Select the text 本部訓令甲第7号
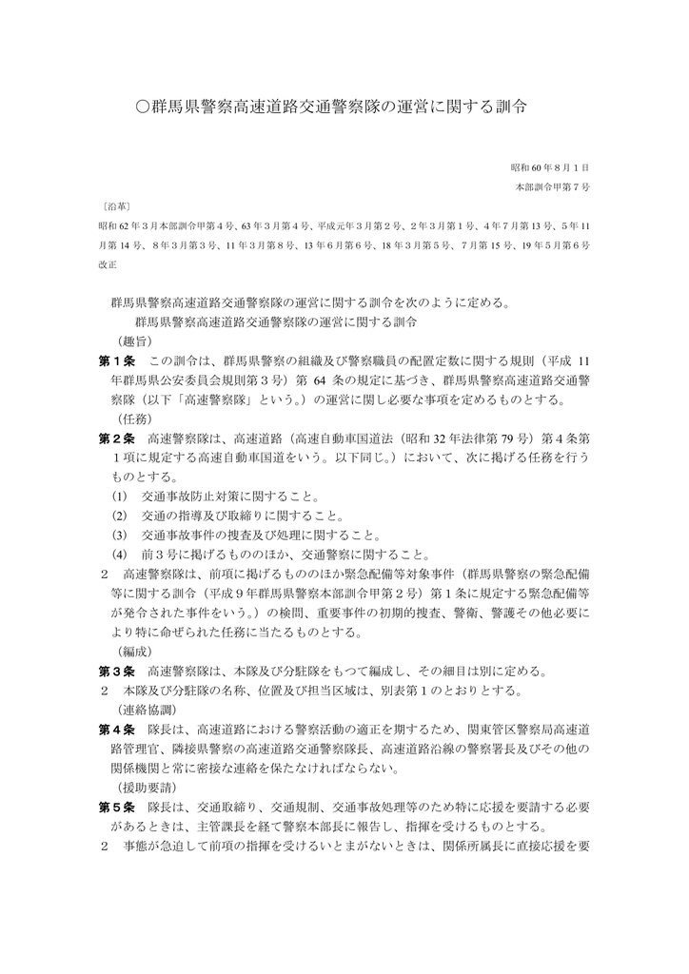click(x=552, y=187)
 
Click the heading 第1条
click(x=118, y=361)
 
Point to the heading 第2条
click(x=118, y=438)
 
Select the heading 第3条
click(x=118, y=671)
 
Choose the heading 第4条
click(x=118, y=730)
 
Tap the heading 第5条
click(x=118, y=807)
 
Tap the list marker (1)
click(x=119, y=497)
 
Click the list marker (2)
click(x=119, y=516)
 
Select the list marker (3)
click(x=119, y=536)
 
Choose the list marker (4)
click(x=119, y=555)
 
